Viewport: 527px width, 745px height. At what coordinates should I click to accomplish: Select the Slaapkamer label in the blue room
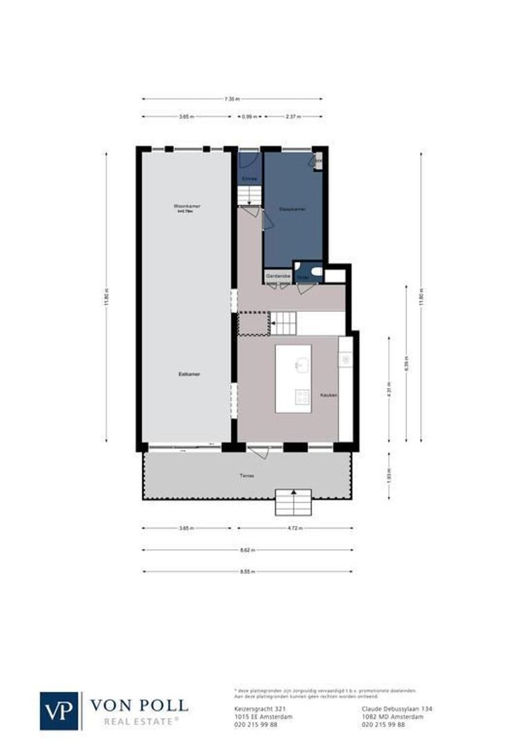point(293,208)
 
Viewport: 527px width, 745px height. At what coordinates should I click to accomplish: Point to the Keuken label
point(328,395)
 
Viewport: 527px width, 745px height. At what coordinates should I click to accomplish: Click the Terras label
point(246,475)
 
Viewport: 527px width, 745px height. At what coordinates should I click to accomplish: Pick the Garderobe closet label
point(277,275)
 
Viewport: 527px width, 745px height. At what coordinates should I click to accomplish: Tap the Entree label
point(249,179)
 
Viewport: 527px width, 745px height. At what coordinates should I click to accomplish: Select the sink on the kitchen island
point(301,365)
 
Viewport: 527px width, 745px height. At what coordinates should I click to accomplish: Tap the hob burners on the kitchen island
point(302,396)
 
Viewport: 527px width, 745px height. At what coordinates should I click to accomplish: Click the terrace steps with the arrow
point(293,503)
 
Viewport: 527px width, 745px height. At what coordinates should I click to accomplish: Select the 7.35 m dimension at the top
point(232,99)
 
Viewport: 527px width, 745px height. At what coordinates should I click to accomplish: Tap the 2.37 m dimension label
point(293,117)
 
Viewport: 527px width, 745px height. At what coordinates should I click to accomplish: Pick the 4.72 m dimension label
point(295,529)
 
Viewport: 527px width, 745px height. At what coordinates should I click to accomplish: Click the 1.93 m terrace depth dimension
point(388,475)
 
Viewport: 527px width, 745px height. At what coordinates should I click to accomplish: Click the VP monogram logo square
point(60,711)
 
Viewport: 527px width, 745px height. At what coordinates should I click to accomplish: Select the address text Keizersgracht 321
point(252,709)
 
